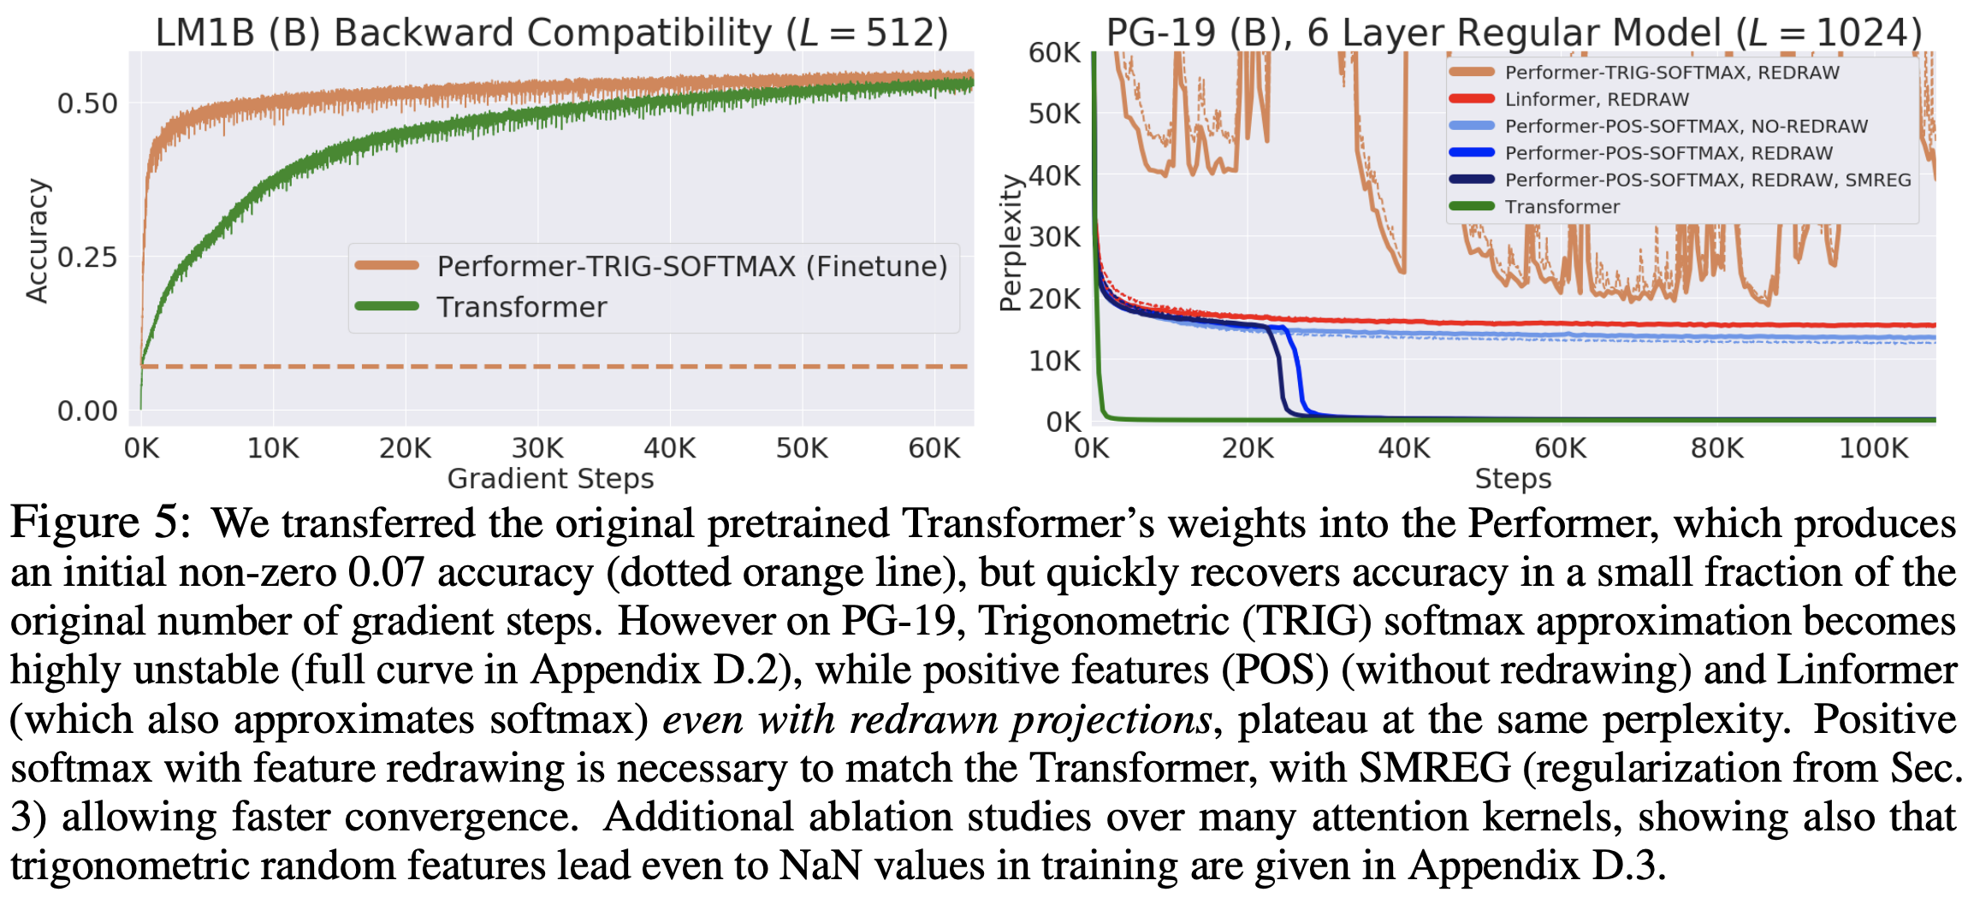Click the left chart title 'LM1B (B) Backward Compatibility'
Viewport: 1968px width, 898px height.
551,32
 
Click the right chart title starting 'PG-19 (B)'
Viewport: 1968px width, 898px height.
1513,32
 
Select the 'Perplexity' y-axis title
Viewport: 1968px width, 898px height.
1011,243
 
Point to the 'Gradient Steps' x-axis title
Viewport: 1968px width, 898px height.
550,478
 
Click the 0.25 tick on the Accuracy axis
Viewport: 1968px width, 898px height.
87,257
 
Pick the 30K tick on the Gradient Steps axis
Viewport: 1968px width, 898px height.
537,447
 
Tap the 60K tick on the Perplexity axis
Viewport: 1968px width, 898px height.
1054,52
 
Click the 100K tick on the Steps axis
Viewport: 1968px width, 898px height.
1873,447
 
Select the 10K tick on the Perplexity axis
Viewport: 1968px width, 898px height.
1054,360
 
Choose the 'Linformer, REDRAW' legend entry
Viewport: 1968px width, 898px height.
1597,99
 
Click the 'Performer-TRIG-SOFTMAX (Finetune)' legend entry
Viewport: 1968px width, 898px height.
691,266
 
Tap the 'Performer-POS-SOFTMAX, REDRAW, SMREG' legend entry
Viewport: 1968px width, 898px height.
1707,180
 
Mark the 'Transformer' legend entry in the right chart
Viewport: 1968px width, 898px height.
1562,206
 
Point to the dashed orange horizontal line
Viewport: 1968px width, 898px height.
556,366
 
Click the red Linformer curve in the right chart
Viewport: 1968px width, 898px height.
1626,324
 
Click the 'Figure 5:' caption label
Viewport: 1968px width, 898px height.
100,522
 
